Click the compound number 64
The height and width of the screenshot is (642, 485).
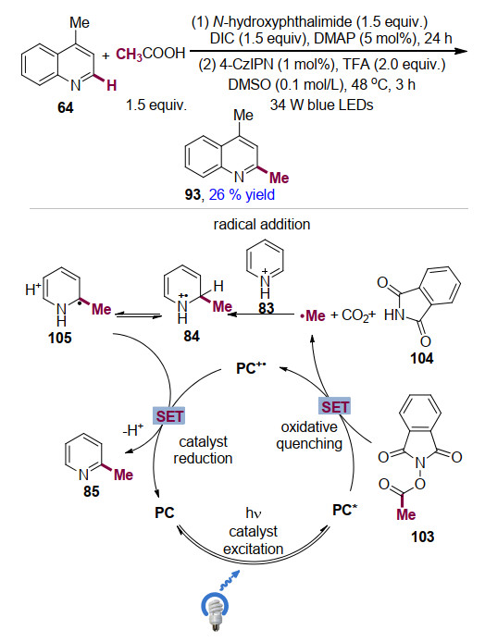tap(65, 107)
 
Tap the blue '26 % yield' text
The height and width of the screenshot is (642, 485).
tap(242, 194)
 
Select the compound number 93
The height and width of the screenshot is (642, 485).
tap(193, 194)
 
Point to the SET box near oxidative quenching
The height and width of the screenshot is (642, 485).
tap(335, 407)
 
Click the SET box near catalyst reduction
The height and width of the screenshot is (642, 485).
tap(169, 416)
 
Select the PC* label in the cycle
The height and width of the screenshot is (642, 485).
tap(345, 510)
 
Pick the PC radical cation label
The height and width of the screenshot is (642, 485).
tap(251, 368)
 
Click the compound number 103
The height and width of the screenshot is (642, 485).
tap(422, 537)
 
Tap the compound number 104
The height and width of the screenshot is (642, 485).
tap(421, 359)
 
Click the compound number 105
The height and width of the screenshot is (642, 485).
tap(60, 339)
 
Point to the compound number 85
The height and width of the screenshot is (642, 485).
tap(91, 491)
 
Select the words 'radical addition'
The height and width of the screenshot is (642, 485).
tap(262, 225)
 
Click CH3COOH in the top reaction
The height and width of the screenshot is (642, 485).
tap(150, 54)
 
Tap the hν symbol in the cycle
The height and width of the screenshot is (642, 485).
tap(254, 512)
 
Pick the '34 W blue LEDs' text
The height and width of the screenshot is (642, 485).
tap(321, 105)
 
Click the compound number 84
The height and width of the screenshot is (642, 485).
tap(192, 336)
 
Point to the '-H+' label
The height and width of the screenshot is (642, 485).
tap(132, 430)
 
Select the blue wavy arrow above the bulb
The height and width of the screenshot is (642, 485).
tap(229, 580)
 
